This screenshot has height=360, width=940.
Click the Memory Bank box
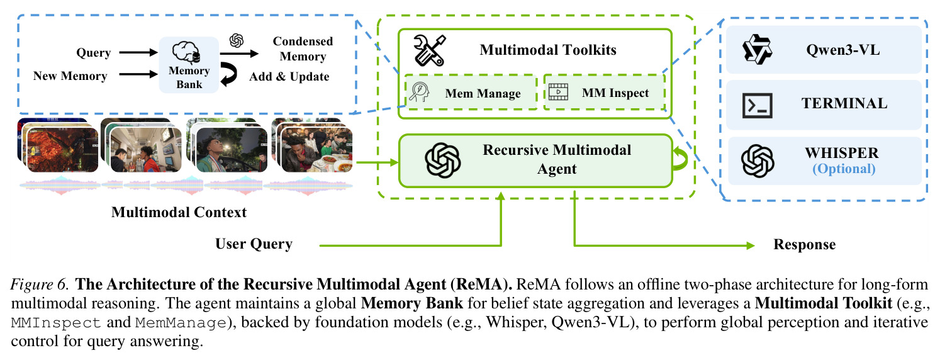pos(189,65)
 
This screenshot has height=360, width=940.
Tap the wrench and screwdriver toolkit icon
pos(429,50)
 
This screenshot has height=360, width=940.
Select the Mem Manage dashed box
pos(471,93)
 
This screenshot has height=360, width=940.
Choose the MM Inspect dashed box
pos(605,93)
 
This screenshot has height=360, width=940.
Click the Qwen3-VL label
pos(842,50)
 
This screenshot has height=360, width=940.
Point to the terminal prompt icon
pos(757,105)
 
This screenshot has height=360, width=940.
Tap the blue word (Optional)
pos(844,169)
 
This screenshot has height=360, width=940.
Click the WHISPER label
pos(842,153)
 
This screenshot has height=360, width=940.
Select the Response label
pos(805,244)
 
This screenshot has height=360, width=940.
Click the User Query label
pos(254,244)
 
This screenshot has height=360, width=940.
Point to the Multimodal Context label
pos(179,212)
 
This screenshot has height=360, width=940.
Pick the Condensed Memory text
pos(303,48)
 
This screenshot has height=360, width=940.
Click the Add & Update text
pos(289,76)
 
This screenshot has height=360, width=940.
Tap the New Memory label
pos(70,76)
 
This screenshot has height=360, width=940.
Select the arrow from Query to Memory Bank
pos(138,52)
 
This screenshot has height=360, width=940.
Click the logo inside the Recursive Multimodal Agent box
pos(443,160)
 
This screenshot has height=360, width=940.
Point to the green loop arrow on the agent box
pos(680,159)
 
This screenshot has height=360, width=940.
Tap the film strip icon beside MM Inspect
pos(558,92)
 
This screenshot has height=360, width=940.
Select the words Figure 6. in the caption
pos(40,284)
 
